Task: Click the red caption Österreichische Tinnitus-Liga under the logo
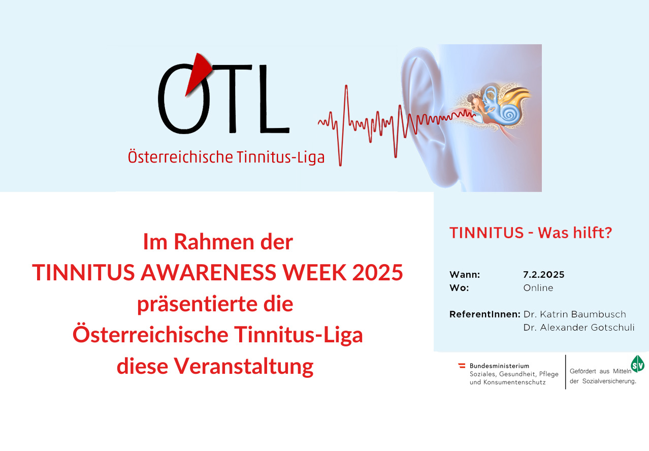tap(226, 157)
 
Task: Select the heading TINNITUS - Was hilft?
tap(531, 233)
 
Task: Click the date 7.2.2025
tap(544, 274)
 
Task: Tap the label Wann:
tap(465, 274)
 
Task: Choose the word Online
tap(538, 288)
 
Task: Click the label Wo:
tap(459, 288)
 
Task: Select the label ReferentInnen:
tap(485, 314)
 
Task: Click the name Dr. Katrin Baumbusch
tap(574, 314)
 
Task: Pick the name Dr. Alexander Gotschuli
tap(579, 328)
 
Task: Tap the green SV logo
tap(637, 364)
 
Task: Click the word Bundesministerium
tap(500, 366)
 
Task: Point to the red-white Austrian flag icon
tap(462, 366)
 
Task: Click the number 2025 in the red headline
tap(377, 272)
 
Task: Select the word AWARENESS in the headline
tap(208, 272)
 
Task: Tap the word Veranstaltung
tap(244, 366)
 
